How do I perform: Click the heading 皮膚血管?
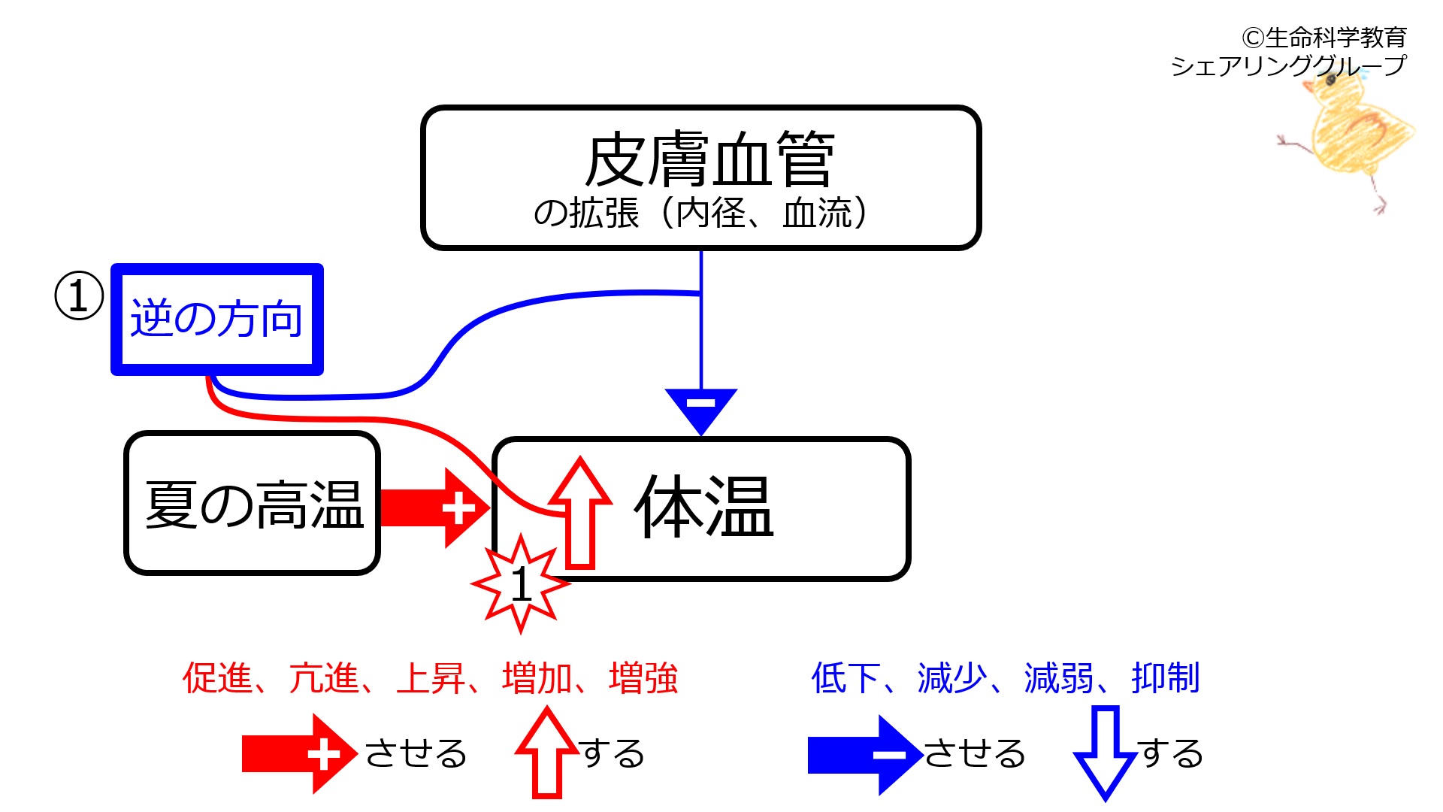pyautogui.click(x=709, y=159)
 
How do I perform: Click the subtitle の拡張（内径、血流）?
pyautogui.click(x=700, y=214)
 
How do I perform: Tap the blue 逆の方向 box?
pyautogui.click(x=216, y=319)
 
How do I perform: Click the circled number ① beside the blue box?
pyautogui.click(x=79, y=295)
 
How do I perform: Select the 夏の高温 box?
pyautogui.click(x=253, y=504)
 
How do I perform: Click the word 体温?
pyautogui.click(x=703, y=507)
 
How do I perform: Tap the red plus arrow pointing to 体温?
pyautogui.click(x=436, y=507)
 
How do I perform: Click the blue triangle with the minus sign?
pyautogui.click(x=700, y=408)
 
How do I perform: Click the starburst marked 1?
pyautogui.click(x=520, y=583)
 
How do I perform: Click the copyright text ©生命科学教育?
pyautogui.click(x=1324, y=37)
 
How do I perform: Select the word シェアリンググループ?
pyautogui.click(x=1287, y=66)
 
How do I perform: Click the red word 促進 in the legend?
pyautogui.click(x=217, y=677)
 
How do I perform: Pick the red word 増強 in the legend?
pyautogui.click(x=643, y=677)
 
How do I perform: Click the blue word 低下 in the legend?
pyautogui.click(x=846, y=677)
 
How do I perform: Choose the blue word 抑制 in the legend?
pyautogui.click(x=1165, y=677)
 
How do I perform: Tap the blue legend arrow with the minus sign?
pyautogui.click(x=864, y=754)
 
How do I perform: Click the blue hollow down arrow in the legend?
pyautogui.click(x=1105, y=752)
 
